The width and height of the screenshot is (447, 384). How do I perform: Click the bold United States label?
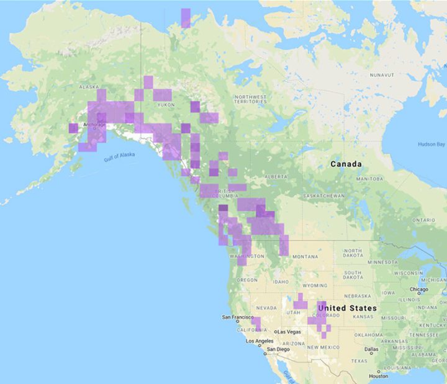346,308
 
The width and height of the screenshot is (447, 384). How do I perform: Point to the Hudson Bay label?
431,144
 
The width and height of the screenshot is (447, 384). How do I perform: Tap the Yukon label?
166,105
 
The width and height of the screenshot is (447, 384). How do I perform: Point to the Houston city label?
377,377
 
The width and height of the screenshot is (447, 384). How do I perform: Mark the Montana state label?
305,257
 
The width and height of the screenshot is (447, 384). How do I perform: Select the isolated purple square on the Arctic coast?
186,17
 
